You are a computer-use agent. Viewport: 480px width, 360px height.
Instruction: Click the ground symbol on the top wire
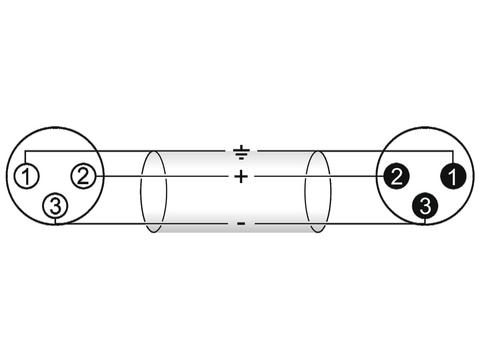pos(241,152)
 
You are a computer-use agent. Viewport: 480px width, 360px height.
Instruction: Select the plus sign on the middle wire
pos(241,177)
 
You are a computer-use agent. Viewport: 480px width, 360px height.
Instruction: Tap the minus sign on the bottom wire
pos(241,222)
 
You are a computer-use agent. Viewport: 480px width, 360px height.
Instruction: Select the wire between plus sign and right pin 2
pos(320,177)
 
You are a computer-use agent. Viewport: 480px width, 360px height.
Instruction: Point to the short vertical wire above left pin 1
pos(27,158)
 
